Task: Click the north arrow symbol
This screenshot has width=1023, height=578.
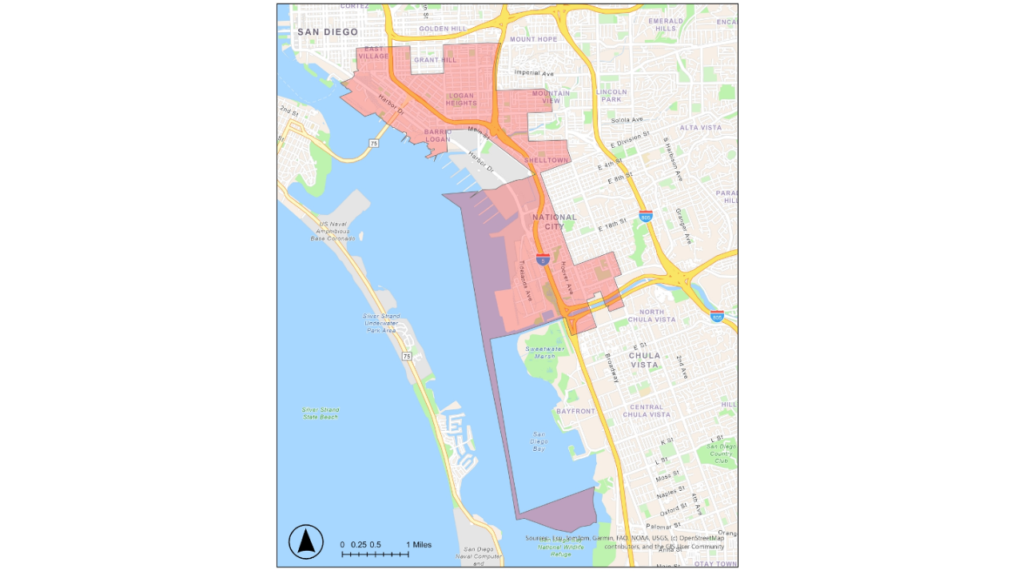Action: coord(306,542)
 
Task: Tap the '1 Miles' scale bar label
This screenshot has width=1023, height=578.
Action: coord(418,544)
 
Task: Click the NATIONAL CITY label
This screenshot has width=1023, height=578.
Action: coord(554,221)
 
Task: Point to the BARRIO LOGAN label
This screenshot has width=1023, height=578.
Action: coord(437,135)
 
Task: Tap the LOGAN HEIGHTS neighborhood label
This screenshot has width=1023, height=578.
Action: coord(461,99)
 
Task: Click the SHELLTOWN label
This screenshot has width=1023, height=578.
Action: coord(546,161)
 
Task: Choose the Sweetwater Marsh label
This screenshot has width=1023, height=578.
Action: coord(545,353)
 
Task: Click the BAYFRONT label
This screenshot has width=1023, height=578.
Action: coord(575,411)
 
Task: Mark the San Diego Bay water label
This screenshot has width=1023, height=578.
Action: coord(539,442)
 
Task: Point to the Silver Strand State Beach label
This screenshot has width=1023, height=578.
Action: coord(320,413)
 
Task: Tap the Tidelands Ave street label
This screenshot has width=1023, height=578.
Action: coord(525,280)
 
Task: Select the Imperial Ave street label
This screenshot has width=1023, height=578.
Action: coord(534,73)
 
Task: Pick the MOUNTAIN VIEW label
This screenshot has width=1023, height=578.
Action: coord(551,97)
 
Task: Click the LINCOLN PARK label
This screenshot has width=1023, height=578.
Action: coord(611,95)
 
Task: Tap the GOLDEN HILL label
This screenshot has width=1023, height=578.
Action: coord(442,29)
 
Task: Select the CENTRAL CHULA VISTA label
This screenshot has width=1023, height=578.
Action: coord(646,411)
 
